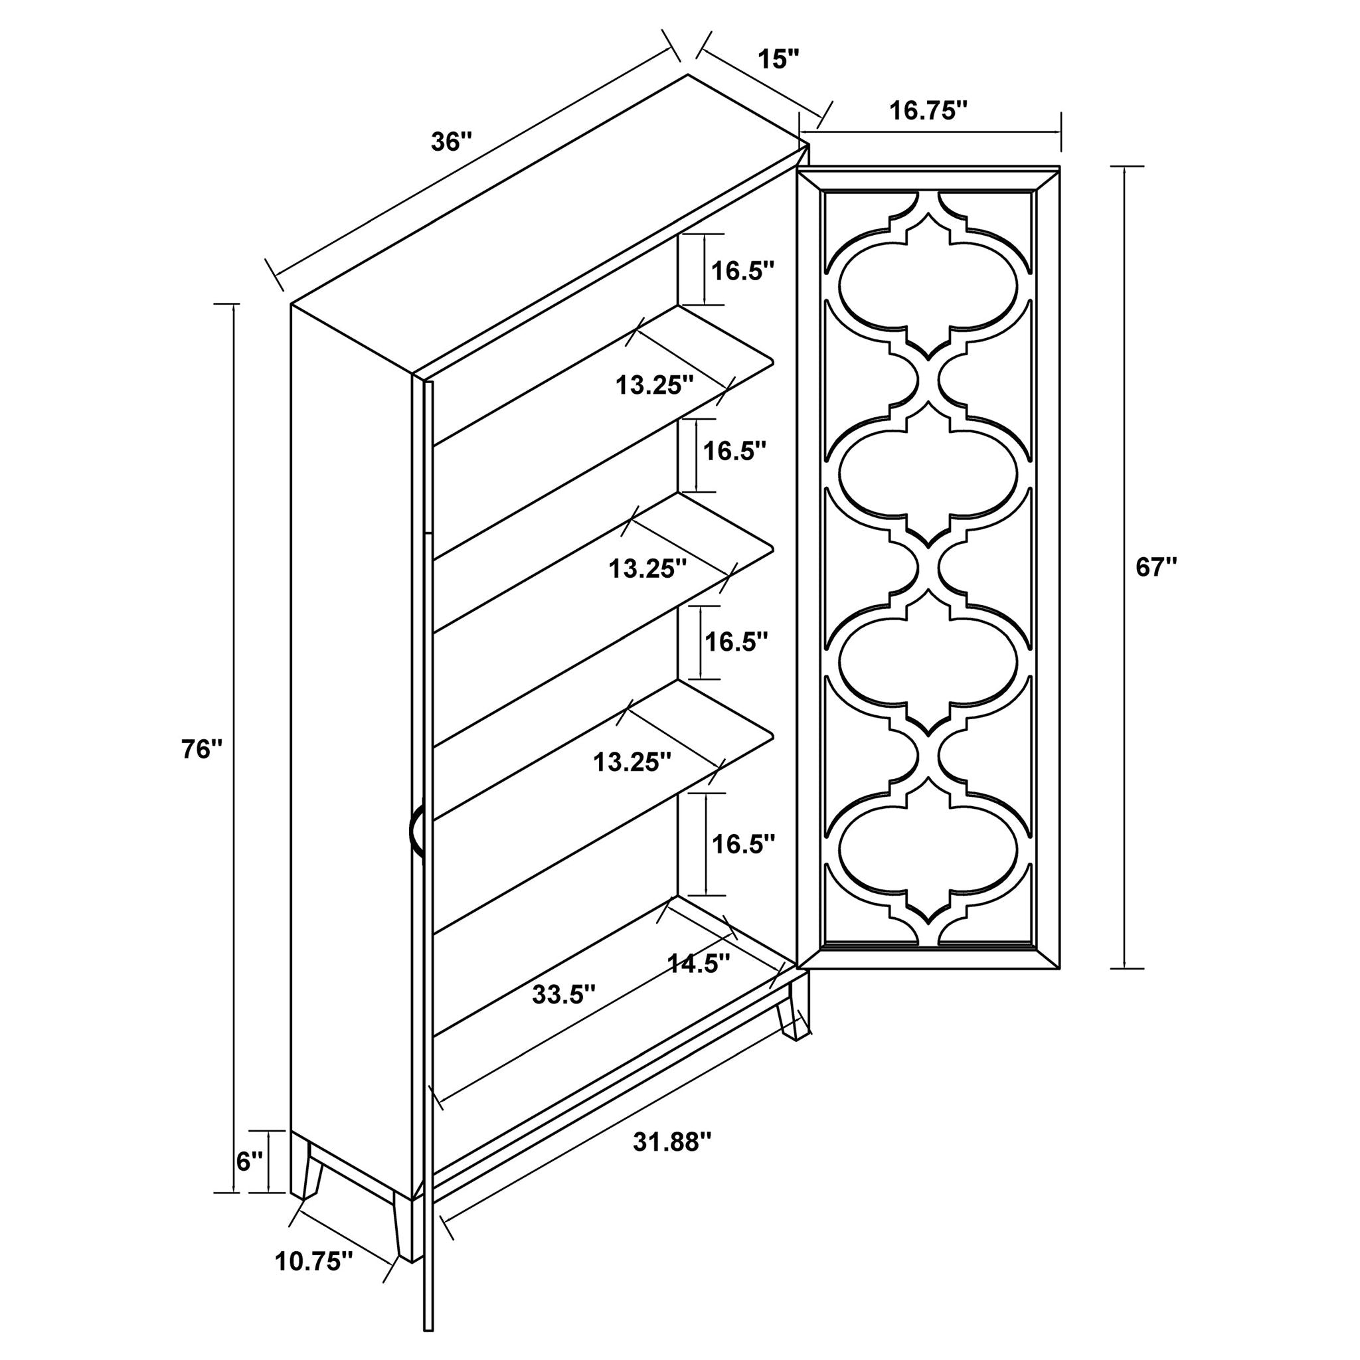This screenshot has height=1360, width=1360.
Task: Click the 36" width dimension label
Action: [450, 142]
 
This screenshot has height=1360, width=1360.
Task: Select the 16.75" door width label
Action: [928, 111]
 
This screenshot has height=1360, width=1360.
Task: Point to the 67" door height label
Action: [1157, 567]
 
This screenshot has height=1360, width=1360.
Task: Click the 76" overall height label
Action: [202, 750]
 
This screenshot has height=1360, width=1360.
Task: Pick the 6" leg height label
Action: [250, 1162]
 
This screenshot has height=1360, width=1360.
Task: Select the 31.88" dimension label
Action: [673, 1142]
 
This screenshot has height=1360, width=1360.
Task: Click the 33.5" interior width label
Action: [564, 995]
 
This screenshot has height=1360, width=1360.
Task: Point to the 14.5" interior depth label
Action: [699, 963]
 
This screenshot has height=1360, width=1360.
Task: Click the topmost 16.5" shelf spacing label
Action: [742, 271]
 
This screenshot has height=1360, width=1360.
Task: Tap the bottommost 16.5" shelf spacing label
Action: [743, 844]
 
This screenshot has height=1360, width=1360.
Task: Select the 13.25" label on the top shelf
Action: [655, 385]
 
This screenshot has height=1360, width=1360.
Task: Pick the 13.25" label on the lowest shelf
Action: [632, 762]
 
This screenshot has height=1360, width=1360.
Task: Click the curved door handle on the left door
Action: [416, 833]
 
